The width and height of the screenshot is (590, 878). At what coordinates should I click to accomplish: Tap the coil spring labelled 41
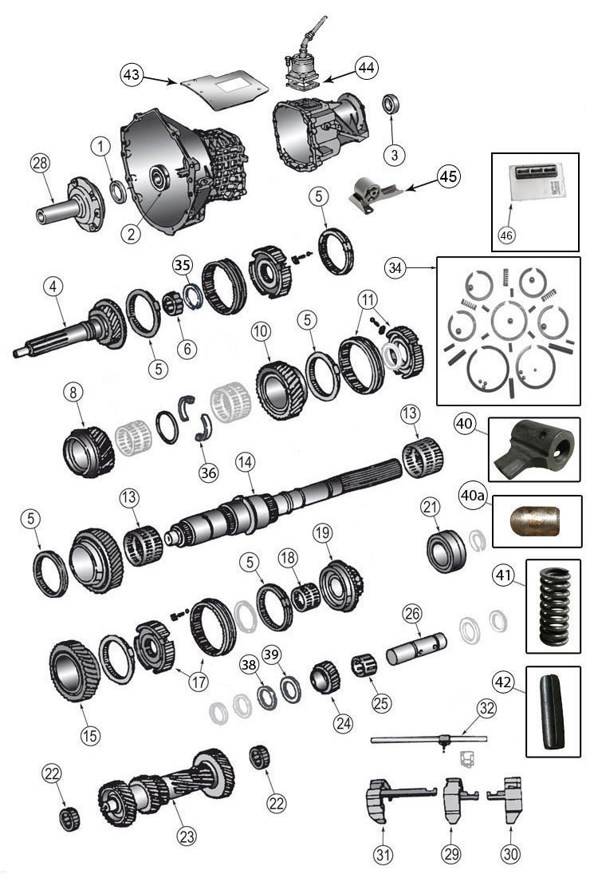[x=554, y=607]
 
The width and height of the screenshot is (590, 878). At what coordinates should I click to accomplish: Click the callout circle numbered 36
[x=209, y=472]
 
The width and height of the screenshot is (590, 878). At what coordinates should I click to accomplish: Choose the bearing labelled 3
[x=393, y=105]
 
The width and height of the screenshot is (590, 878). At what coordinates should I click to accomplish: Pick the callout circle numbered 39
[x=272, y=655]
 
